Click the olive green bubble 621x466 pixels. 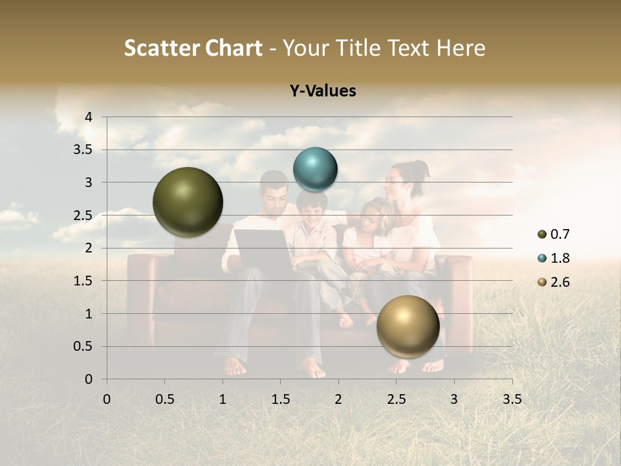pos(188,202)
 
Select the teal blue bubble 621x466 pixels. pos(315,170)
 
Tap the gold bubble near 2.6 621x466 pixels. pos(408,326)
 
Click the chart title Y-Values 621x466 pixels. pos(323,91)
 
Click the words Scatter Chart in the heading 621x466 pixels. pos(193,48)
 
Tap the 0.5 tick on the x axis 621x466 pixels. pos(164,399)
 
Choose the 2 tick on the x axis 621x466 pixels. pos(338,399)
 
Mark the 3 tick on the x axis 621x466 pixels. pos(454,399)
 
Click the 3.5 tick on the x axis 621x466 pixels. pos(512,399)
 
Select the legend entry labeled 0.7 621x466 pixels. pos(553,234)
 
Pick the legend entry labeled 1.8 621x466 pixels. pos(553,258)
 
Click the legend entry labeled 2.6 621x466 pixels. pos(553,282)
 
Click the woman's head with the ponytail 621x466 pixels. pos(406,179)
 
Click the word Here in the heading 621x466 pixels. pos(461,48)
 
